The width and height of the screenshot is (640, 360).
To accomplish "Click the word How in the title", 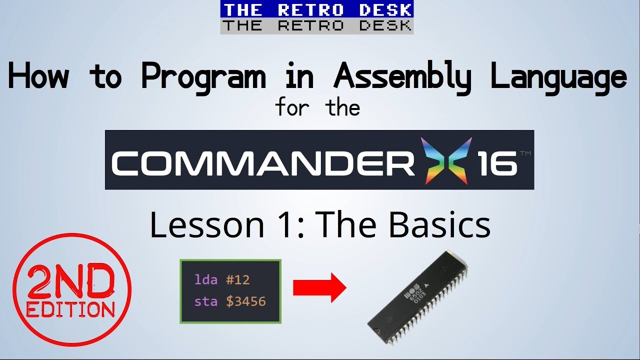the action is [39, 75].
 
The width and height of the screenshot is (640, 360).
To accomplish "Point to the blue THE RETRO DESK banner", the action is [317, 9].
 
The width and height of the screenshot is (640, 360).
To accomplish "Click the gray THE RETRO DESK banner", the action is [317, 26].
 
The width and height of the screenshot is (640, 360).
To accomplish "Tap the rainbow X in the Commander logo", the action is [446, 160].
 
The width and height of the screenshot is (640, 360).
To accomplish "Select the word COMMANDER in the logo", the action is [263, 163].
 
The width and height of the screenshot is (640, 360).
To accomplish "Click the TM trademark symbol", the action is [525, 153].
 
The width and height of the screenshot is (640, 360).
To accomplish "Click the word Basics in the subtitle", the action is [440, 225].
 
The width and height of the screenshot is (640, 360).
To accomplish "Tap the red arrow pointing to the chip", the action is [319, 287].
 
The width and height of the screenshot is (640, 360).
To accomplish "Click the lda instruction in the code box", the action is [205, 279].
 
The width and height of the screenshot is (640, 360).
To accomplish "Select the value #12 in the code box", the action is [237, 279].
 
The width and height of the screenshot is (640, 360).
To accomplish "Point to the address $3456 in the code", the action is [246, 301].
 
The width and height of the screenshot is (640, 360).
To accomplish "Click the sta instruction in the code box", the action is [205, 301].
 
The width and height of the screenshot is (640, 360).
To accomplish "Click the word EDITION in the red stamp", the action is [70, 309].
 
